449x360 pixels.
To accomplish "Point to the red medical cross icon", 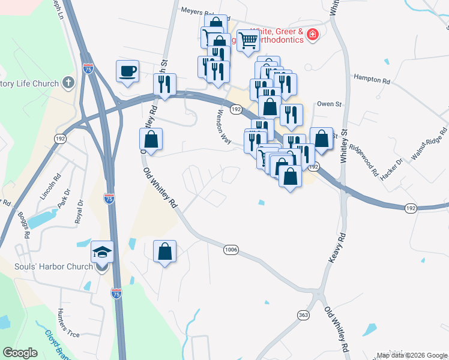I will coord(312,35).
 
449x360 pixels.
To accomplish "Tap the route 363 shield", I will coord(304,314).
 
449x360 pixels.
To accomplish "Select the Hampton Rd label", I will coord(372,79).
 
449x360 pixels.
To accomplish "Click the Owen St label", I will coord(329,104).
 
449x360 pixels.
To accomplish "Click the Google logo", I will coord(20,353).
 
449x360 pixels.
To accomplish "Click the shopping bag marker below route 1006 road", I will coord(164,252).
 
